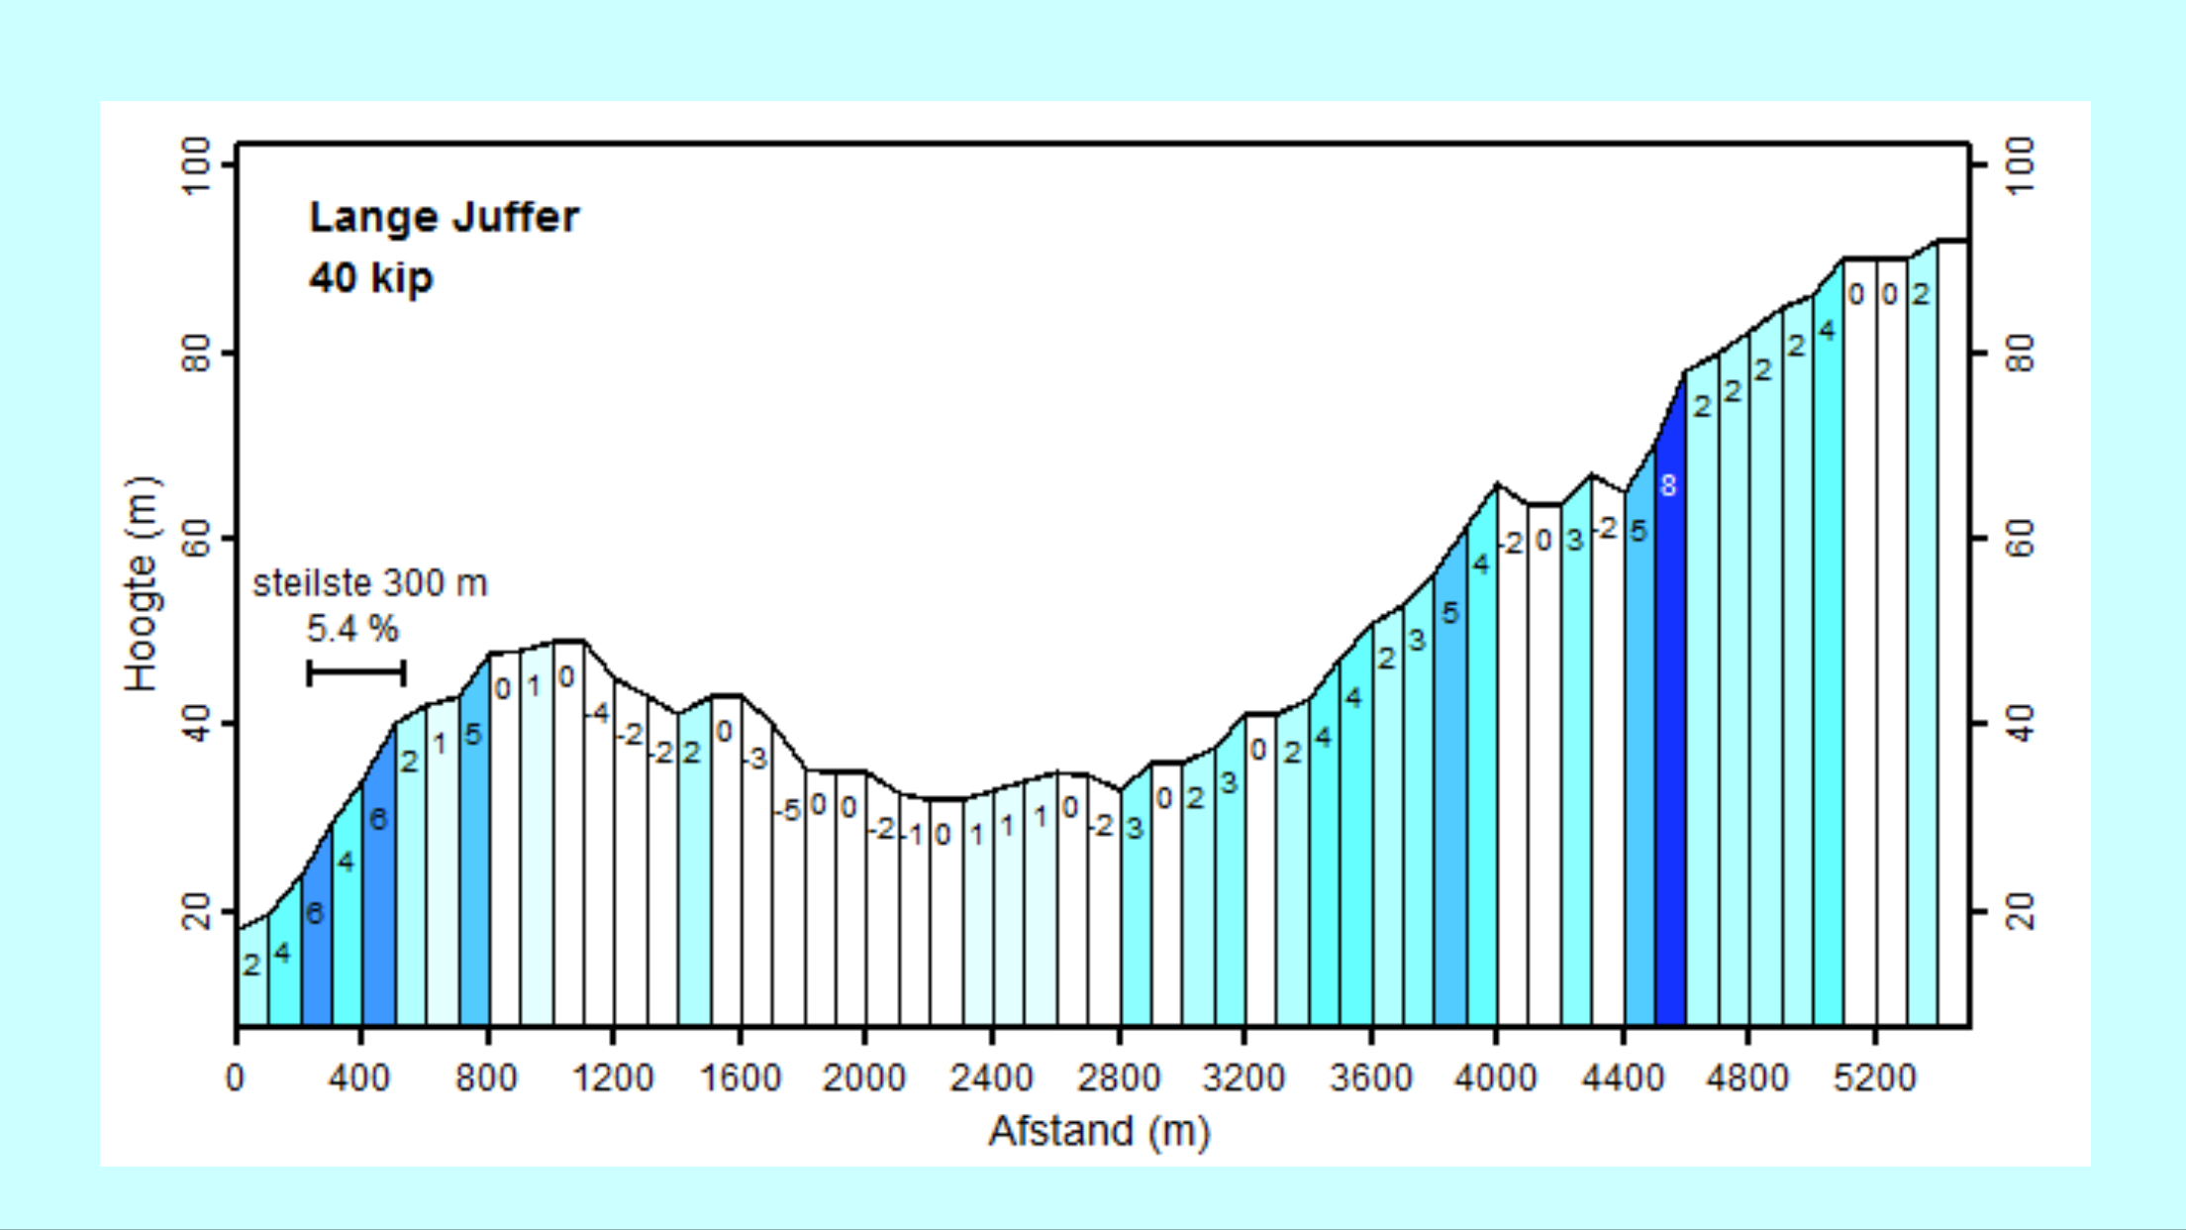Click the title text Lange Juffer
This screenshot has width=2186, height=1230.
[x=444, y=218]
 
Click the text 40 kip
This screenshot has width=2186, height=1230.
[x=370, y=277]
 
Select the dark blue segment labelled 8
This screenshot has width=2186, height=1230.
[x=1669, y=693]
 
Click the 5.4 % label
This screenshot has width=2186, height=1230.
[x=352, y=629]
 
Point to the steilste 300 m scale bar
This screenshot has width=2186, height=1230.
[x=356, y=673]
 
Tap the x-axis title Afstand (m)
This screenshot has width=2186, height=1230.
[x=1099, y=1131]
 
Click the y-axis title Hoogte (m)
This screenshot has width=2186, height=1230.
[x=142, y=584]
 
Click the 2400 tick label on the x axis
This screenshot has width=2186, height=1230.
[x=991, y=1077]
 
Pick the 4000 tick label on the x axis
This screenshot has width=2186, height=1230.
[x=1495, y=1077]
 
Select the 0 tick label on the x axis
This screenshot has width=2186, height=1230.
[x=235, y=1077]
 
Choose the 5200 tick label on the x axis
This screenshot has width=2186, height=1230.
[x=1874, y=1077]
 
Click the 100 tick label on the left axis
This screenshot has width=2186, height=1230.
[x=197, y=165]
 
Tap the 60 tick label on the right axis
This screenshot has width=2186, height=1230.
[x=2020, y=539]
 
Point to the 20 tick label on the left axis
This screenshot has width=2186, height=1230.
[x=197, y=911]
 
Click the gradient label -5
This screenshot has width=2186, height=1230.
[x=786, y=811]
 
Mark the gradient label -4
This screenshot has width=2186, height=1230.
[x=596, y=713]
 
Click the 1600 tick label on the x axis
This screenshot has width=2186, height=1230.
[x=740, y=1077]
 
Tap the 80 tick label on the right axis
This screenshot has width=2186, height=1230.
[x=2020, y=353]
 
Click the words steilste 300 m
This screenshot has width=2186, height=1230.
[x=370, y=583]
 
